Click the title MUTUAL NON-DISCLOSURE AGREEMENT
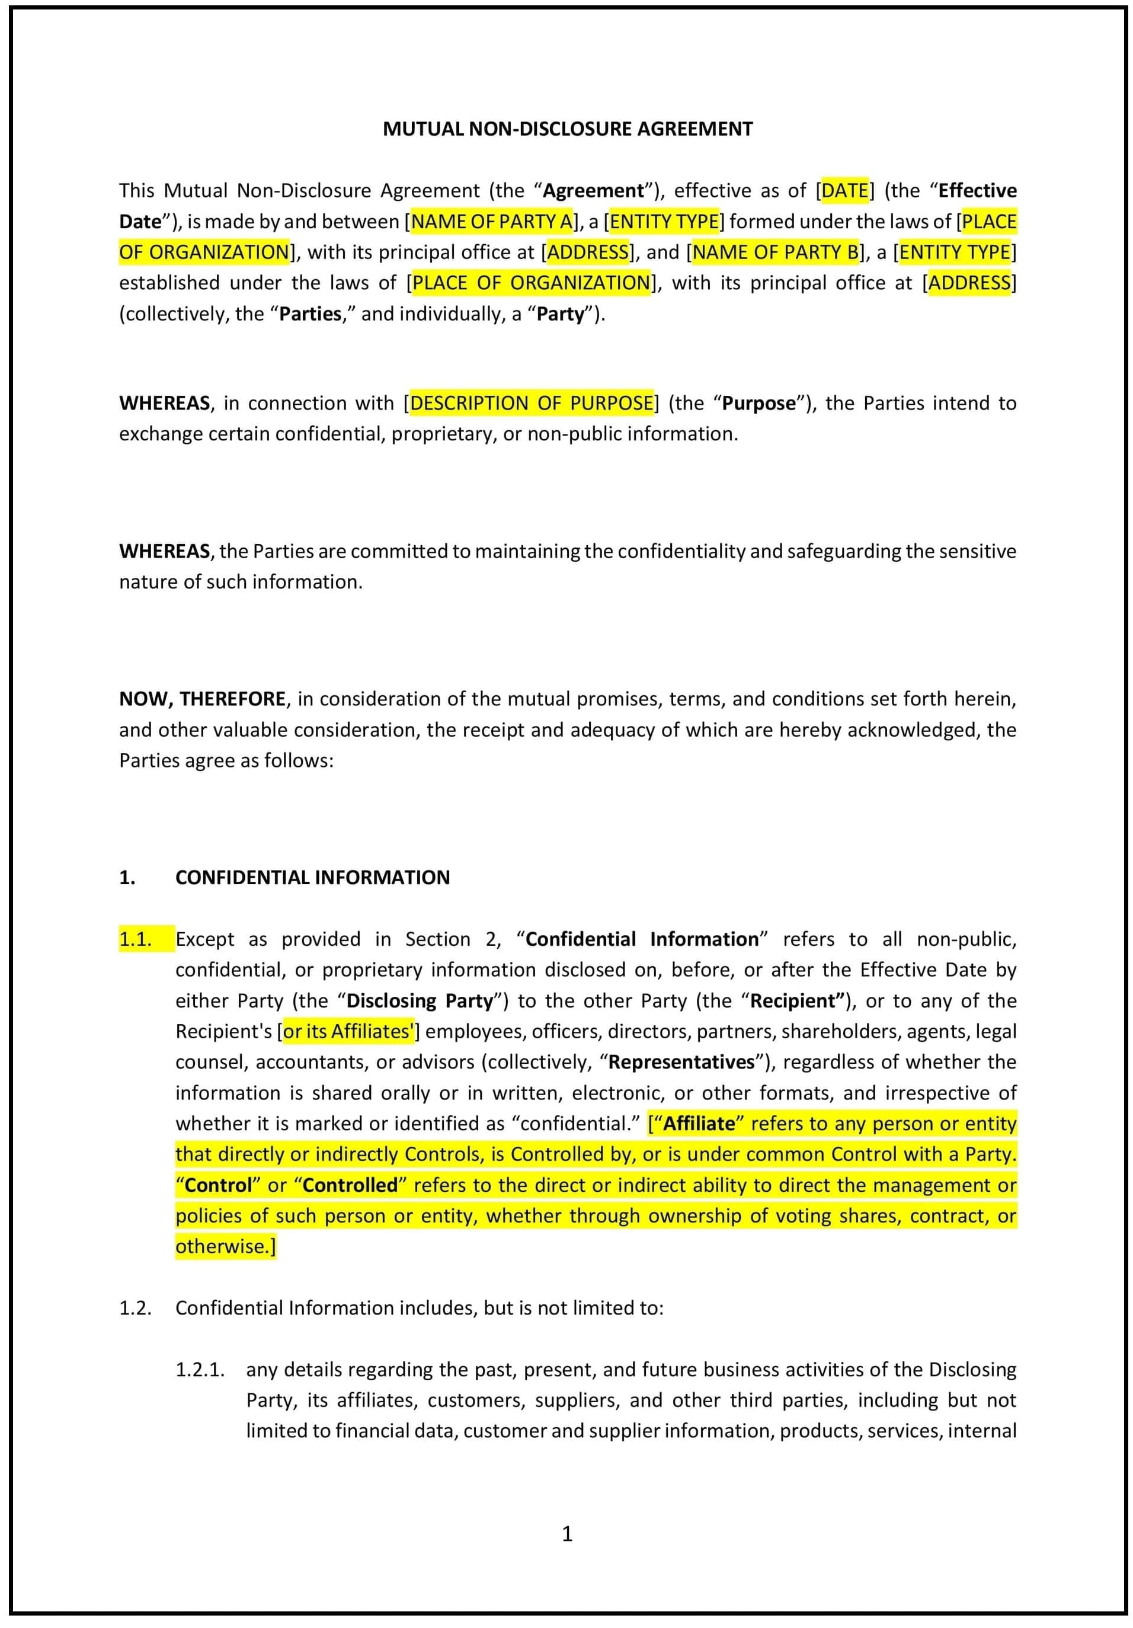click(567, 129)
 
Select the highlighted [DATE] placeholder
click(844, 191)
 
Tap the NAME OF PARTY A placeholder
click(491, 222)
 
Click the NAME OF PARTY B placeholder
click(775, 252)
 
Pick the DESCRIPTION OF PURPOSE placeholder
click(531, 404)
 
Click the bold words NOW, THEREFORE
click(202, 699)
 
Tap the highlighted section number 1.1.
click(136, 939)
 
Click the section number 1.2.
click(136, 1308)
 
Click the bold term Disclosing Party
click(420, 1001)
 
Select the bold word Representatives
click(681, 1062)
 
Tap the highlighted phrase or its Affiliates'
click(347, 1032)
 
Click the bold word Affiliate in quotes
click(699, 1124)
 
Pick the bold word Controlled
click(350, 1185)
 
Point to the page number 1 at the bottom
click(566, 1534)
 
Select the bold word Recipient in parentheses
click(797, 1001)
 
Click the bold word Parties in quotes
click(310, 314)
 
